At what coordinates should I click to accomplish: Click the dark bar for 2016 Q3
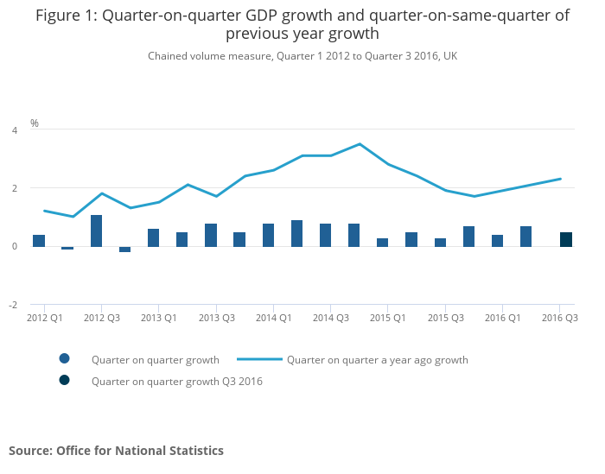point(566,239)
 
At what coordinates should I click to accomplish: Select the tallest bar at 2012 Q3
point(97,231)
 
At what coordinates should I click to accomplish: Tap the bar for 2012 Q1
point(39,240)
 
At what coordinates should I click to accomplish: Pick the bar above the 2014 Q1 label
point(269,235)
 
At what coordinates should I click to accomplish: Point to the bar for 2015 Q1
point(383,242)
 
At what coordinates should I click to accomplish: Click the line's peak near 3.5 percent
point(360,144)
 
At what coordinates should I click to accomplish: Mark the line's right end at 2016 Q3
point(561,179)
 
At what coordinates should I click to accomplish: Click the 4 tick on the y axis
point(14,130)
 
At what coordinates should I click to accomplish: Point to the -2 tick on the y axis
point(12,305)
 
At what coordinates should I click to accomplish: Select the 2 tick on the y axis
point(14,188)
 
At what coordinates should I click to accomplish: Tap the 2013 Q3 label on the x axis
point(217,318)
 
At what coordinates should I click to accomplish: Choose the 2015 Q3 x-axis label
point(446,318)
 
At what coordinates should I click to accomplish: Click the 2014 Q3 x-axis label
point(331,318)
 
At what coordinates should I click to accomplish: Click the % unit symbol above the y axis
point(35,123)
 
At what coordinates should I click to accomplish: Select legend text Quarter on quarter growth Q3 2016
point(176,381)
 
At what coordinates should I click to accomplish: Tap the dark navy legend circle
point(65,380)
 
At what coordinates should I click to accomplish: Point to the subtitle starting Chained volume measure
point(302,56)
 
